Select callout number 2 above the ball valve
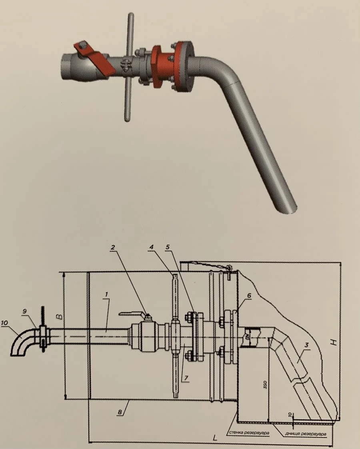(x=113, y=247)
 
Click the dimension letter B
(x=59, y=317)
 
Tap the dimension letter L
(x=215, y=438)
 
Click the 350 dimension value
(x=265, y=385)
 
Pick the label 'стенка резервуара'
(x=248, y=433)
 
